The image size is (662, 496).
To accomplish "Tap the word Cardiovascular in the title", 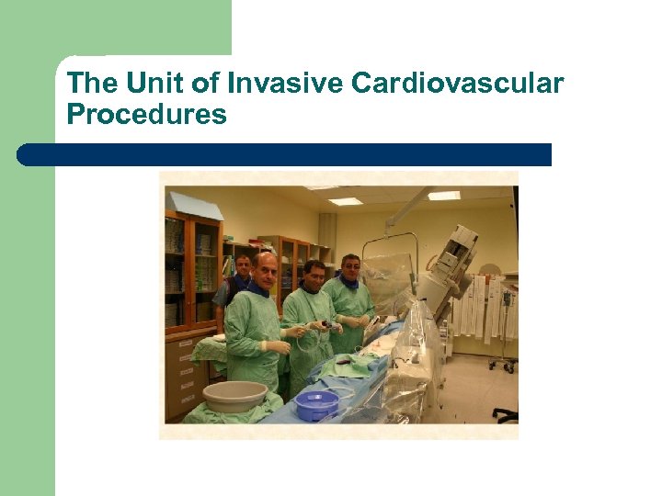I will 458,85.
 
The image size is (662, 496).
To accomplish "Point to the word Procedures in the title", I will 146,116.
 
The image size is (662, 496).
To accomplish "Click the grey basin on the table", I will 234,396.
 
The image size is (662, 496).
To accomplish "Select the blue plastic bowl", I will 318,404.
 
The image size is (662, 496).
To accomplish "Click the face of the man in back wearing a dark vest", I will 243,267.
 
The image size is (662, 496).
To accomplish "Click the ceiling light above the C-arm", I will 443,196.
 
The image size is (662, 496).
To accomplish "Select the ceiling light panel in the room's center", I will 346,201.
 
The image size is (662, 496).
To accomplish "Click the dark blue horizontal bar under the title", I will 285,154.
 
